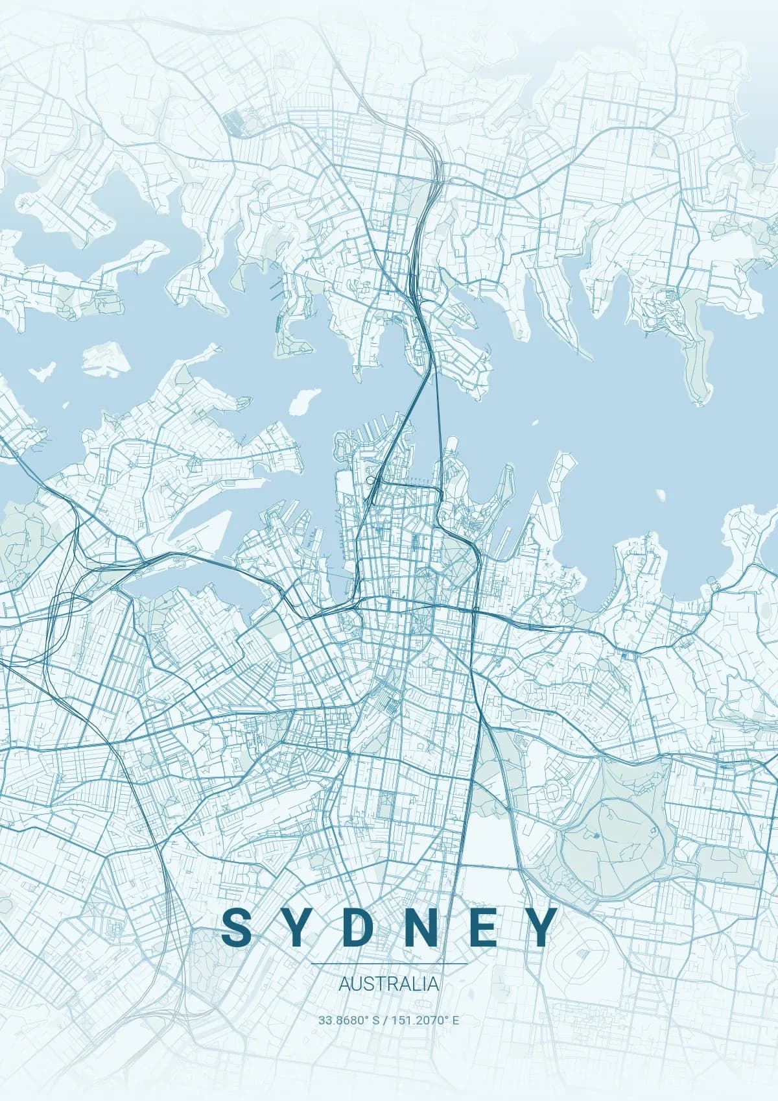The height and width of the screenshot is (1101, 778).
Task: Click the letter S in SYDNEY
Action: coord(236,927)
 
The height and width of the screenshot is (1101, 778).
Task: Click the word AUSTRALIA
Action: coord(388,984)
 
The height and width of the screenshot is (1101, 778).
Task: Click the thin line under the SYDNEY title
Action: coord(388,964)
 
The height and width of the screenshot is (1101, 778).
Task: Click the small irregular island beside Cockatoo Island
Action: coord(41,373)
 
